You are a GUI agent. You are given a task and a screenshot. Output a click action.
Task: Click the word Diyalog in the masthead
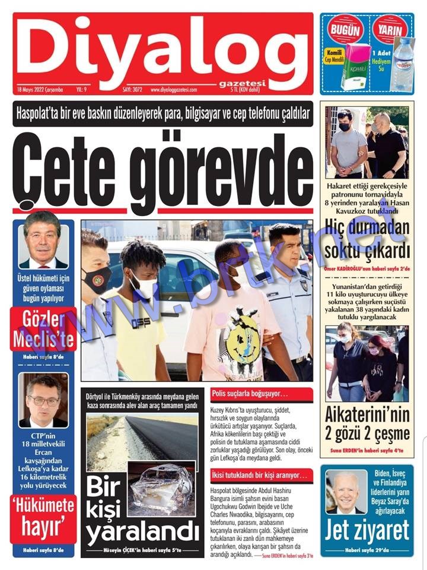point(160,50)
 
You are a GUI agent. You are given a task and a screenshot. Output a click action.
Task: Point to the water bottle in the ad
point(404,65)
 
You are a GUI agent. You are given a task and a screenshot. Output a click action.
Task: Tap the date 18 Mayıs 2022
point(40,90)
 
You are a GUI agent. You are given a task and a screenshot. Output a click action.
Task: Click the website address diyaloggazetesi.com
point(177,90)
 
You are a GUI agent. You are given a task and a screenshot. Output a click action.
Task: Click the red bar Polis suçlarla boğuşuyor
point(261,394)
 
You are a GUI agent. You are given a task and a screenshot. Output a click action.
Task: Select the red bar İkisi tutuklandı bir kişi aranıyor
point(261,475)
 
